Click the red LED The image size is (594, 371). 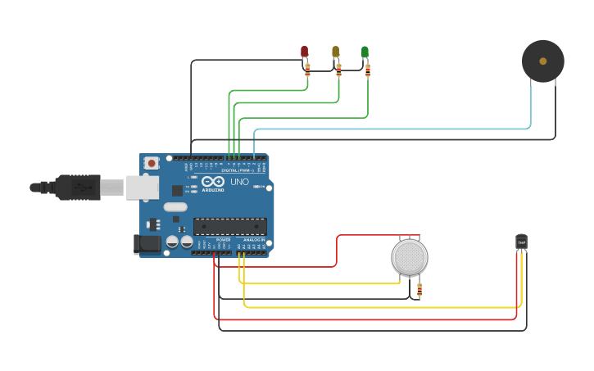pos(305,52)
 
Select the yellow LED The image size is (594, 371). pos(335,52)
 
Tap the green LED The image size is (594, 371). pos(365,52)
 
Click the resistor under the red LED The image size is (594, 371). pos(307,70)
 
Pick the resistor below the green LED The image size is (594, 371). pos(368,70)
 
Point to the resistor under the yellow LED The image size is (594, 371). pos(338,70)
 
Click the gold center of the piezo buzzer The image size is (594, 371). pos(542,61)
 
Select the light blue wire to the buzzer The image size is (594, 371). pos(393,129)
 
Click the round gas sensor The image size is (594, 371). pos(409,257)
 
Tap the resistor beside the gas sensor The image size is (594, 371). pos(420,289)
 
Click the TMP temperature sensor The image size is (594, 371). pos(521,242)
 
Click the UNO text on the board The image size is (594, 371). pos(239,182)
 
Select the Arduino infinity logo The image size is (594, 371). pos(213,181)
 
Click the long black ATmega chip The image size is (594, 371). pos(229,226)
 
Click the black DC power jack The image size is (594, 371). pos(147,243)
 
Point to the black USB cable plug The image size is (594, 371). pos(78,188)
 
